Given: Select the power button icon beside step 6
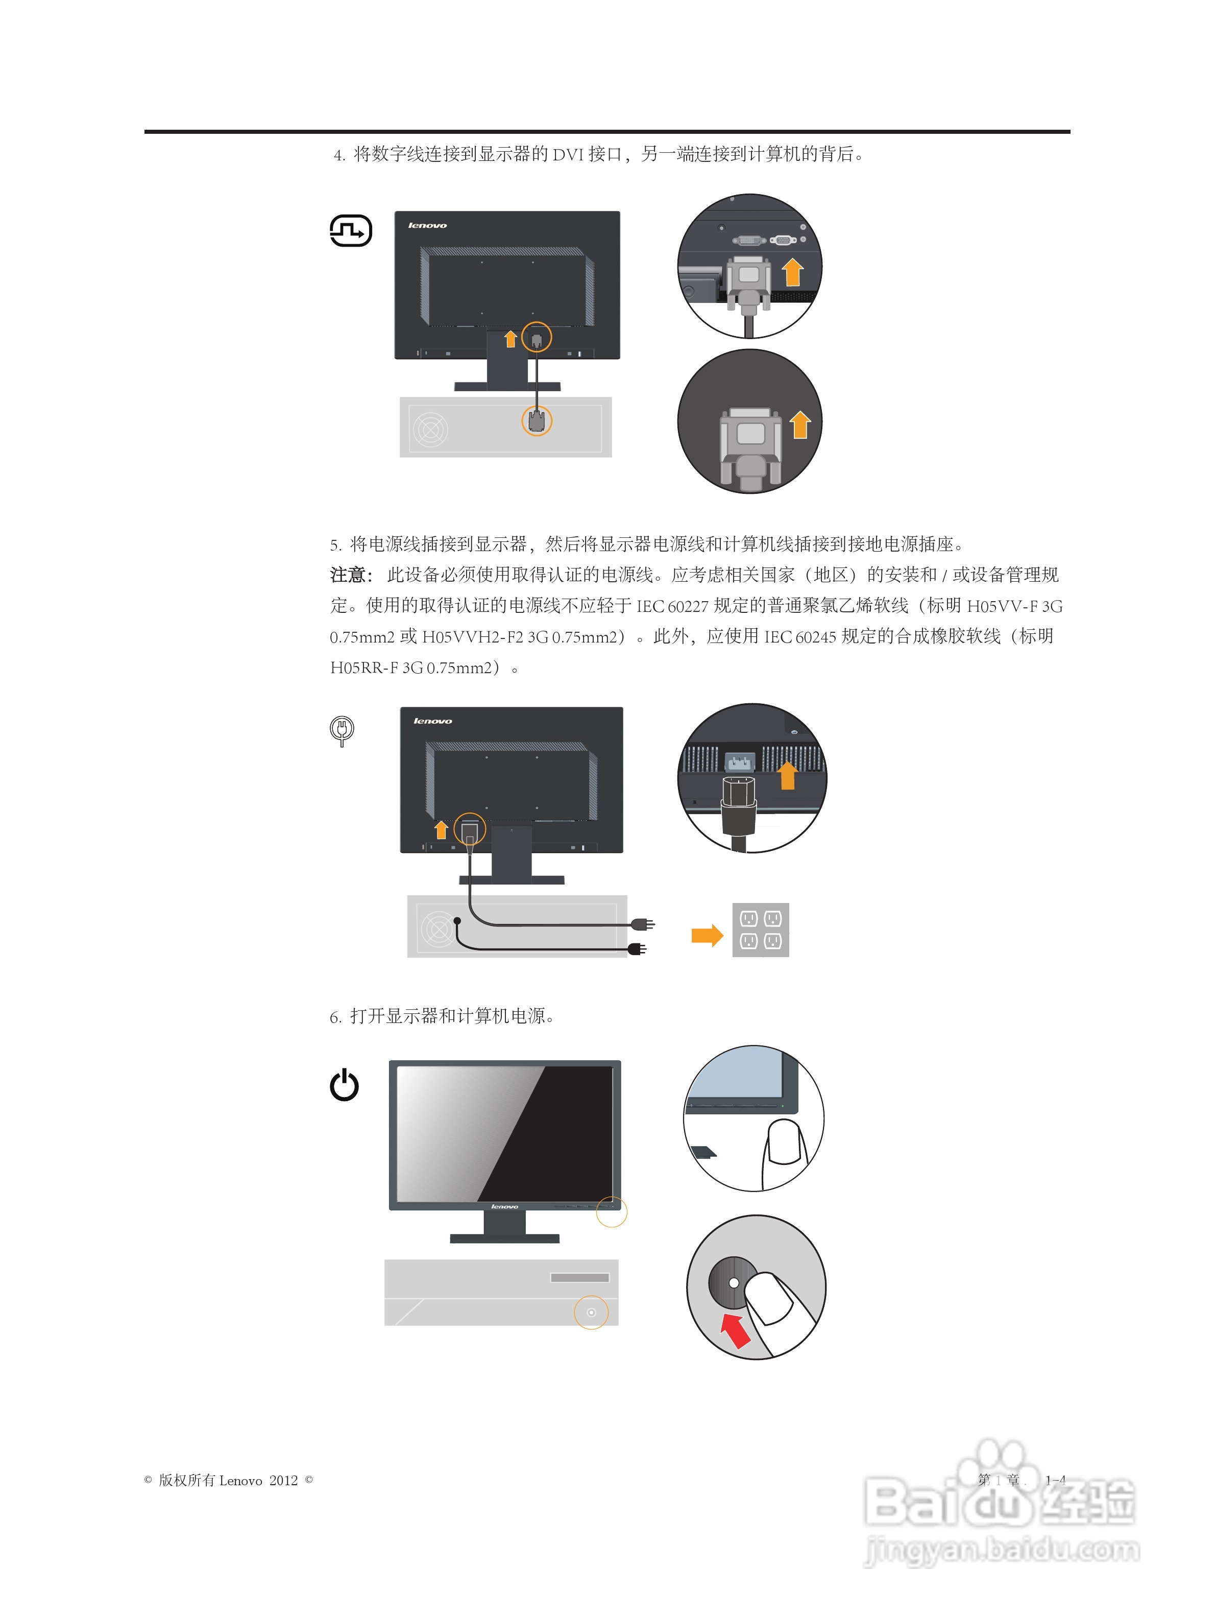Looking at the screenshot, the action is click(x=344, y=1085).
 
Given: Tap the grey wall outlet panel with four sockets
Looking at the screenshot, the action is click(x=760, y=930).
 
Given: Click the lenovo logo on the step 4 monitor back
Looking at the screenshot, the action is click(x=428, y=225).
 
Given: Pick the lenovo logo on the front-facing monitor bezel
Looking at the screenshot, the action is click(x=504, y=1206).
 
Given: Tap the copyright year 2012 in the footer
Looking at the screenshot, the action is click(x=284, y=1481).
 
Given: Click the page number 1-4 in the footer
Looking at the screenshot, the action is click(x=1055, y=1480).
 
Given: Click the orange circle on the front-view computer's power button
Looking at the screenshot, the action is click(x=591, y=1312).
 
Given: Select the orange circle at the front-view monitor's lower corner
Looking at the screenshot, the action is click(x=611, y=1211).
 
